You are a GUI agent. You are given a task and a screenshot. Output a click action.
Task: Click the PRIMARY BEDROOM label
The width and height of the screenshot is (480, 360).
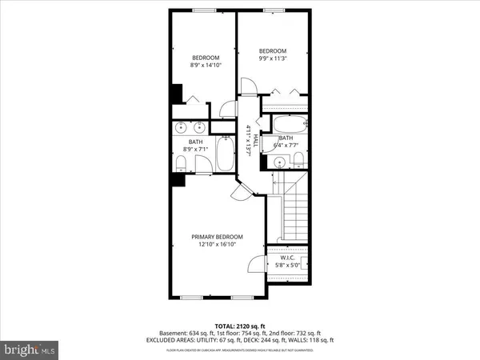tap(217, 237)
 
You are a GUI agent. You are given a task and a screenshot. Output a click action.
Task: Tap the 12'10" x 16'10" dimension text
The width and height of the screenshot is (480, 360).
tap(217, 245)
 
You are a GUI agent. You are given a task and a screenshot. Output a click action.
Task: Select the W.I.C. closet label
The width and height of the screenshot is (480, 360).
tap(289, 258)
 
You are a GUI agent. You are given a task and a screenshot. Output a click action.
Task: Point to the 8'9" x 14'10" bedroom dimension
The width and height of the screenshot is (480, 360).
tap(205, 65)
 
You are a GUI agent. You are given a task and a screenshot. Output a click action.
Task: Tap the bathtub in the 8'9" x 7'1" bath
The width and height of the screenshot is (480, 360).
tap(225, 154)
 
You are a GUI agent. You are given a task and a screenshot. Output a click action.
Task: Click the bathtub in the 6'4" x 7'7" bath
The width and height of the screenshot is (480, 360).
tap(288, 126)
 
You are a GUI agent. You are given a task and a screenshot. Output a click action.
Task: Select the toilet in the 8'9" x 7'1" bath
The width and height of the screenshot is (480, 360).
tap(181, 164)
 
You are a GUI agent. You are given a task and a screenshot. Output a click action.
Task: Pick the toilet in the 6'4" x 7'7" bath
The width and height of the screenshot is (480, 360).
tap(298, 162)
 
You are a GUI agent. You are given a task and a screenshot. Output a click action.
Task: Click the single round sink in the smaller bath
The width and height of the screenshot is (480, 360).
tap(279, 162)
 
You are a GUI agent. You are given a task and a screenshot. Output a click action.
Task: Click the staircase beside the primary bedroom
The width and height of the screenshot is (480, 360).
tap(294, 210)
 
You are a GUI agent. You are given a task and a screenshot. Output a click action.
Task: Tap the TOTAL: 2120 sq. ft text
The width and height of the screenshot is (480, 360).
tap(239, 326)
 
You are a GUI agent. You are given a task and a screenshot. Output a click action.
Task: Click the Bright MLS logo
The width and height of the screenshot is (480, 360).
tap(30, 349)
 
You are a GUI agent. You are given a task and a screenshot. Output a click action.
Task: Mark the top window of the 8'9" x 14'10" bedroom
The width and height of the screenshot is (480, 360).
tap(204, 10)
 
